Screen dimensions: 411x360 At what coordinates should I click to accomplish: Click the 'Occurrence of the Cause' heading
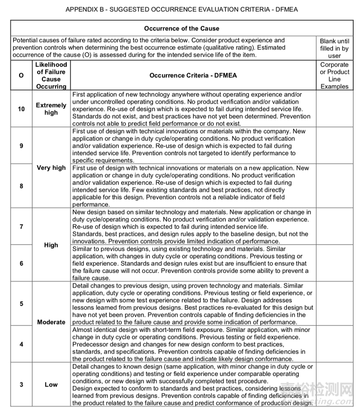pyautogui.click(x=182, y=29)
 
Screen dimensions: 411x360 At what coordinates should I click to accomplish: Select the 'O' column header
pyautogui.click(x=21, y=76)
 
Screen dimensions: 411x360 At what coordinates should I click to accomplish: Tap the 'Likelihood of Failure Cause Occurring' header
pyautogui.click(x=51, y=76)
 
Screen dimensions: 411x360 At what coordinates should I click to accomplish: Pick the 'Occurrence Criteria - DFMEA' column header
pyautogui.click(x=193, y=76)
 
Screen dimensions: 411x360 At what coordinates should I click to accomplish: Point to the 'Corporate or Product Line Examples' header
pyautogui.click(x=335, y=76)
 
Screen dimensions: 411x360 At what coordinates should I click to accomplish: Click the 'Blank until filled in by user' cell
pyautogui.click(x=335, y=48)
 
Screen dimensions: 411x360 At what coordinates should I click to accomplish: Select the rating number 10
pyautogui.click(x=21, y=109)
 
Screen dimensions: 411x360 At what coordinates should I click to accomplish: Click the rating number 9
pyautogui.click(x=21, y=145)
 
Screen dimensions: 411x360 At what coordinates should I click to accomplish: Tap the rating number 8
pyautogui.click(x=21, y=186)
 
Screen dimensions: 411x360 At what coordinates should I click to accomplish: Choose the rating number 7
pyautogui.click(x=21, y=227)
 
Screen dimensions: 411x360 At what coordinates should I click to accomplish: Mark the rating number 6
pyautogui.click(x=21, y=263)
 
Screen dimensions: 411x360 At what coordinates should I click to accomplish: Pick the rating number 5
pyautogui.click(x=21, y=303)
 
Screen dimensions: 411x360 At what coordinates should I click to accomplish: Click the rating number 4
pyautogui.click(x=21, y=344)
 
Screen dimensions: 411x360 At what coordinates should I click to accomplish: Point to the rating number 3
pyautogui.click(x=21, y=385)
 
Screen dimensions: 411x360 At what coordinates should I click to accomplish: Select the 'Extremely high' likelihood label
pyautogui.click(x=51, y=109)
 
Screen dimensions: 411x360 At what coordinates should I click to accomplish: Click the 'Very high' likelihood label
pyautogui.click(x=51, y=168)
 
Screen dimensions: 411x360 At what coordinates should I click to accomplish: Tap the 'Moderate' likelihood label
pyautogui.click(x=51, y=322)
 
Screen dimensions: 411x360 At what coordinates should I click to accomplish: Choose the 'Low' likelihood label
pyautogui.click(x=51, y=385)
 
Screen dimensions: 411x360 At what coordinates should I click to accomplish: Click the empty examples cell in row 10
pyautogui.click(x=335, y=109)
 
